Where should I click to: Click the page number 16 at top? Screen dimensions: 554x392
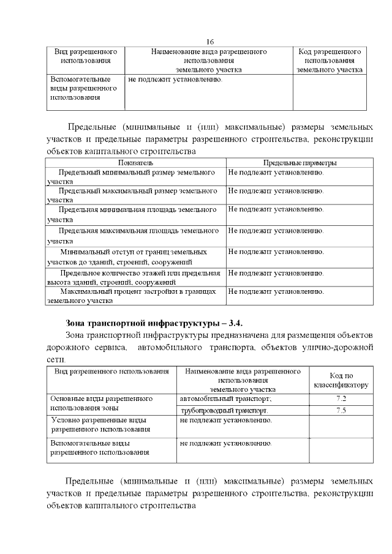tap(209, 42)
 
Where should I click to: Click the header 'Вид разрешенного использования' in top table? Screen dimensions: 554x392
tap(86, 56)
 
